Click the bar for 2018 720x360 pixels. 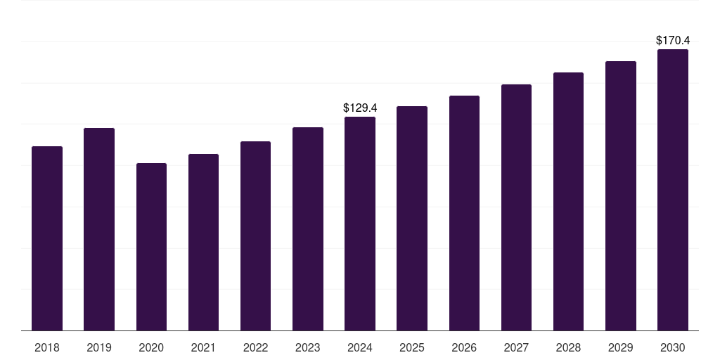click(x=47, y=238)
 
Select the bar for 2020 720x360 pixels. click(x=151, y=247)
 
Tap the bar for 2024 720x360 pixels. click(x=360, y=224)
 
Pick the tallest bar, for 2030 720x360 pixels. click(x=673, y=190)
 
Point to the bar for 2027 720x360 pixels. click(x=516, y=207)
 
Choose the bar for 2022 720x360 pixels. click(x=255, y=236)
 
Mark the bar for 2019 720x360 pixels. click(x=99, y=229)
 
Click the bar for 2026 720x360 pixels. click(x=464, y=213)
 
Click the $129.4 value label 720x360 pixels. click(x=360, y=108)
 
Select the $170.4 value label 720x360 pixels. click(x=673, y=41)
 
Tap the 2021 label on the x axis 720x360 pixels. click(x=203, y=347)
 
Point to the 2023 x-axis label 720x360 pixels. click(x=307, y=347)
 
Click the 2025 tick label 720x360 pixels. click(x=412, y=347)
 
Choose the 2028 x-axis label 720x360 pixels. click(x=568, y=347)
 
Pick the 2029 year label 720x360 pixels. click(x=620, y=347)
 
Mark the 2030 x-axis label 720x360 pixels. click(x=673, y=347)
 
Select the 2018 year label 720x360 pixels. click(x=47, y=347)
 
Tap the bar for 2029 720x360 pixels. click(x=620, y=195)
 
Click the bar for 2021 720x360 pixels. click(x=203, y=242)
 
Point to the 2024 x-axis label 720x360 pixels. click(x=360, y=347)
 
